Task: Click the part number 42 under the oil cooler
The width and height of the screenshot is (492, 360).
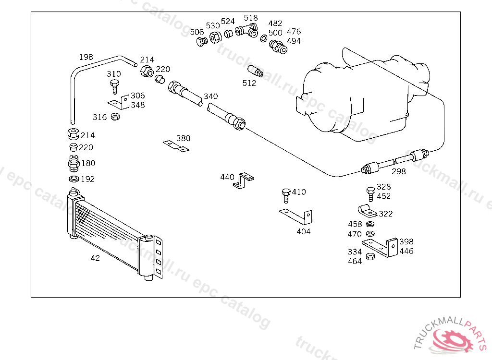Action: pyautogui.click(x=96, y=258)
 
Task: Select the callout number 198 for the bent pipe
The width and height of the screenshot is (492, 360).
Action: pyautogui.click(x=86, y=57)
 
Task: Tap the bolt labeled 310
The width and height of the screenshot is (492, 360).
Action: pyautogui.click(x=114, y=87)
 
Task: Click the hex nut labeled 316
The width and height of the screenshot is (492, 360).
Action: pyautogui.click(x=115, y=117)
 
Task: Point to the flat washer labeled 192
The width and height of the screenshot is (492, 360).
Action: pyautogui.click(x=74, y=179)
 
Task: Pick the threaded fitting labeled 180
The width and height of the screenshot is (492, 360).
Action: pyautogui.click(x=74, y=163)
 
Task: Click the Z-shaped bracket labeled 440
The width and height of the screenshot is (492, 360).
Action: pyautogui.click(x=244, y=180)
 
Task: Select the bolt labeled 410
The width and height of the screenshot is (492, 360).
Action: pyautogui.click(x=286, y=196)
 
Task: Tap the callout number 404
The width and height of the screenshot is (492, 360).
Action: pyautogui.click(x=304, y=232)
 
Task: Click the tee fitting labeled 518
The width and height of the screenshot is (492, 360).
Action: pyautogui.click(x=246, y=31)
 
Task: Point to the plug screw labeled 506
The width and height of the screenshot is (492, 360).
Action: pyautogui.click(x=202, y=41)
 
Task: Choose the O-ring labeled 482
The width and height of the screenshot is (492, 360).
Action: pyautogui.click(x=264, y=38)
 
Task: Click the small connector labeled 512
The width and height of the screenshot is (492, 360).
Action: pyautogui.click(x=256, y=71)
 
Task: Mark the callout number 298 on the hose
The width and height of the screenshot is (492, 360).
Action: pyautogui.click(x=398, y=171)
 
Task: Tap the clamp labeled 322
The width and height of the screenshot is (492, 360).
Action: pyautogui.click(x=367, y=210)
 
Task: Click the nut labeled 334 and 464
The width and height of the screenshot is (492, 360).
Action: pyautogui.click(x=370, y=256)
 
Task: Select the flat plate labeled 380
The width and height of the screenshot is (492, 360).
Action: pyautogui.click(x=176, y=146)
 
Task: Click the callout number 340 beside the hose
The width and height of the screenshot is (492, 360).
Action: pyautogui.click(x=210, y=96)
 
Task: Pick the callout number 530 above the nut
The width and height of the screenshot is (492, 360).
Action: pyautogui.click(x=213, y=26)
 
